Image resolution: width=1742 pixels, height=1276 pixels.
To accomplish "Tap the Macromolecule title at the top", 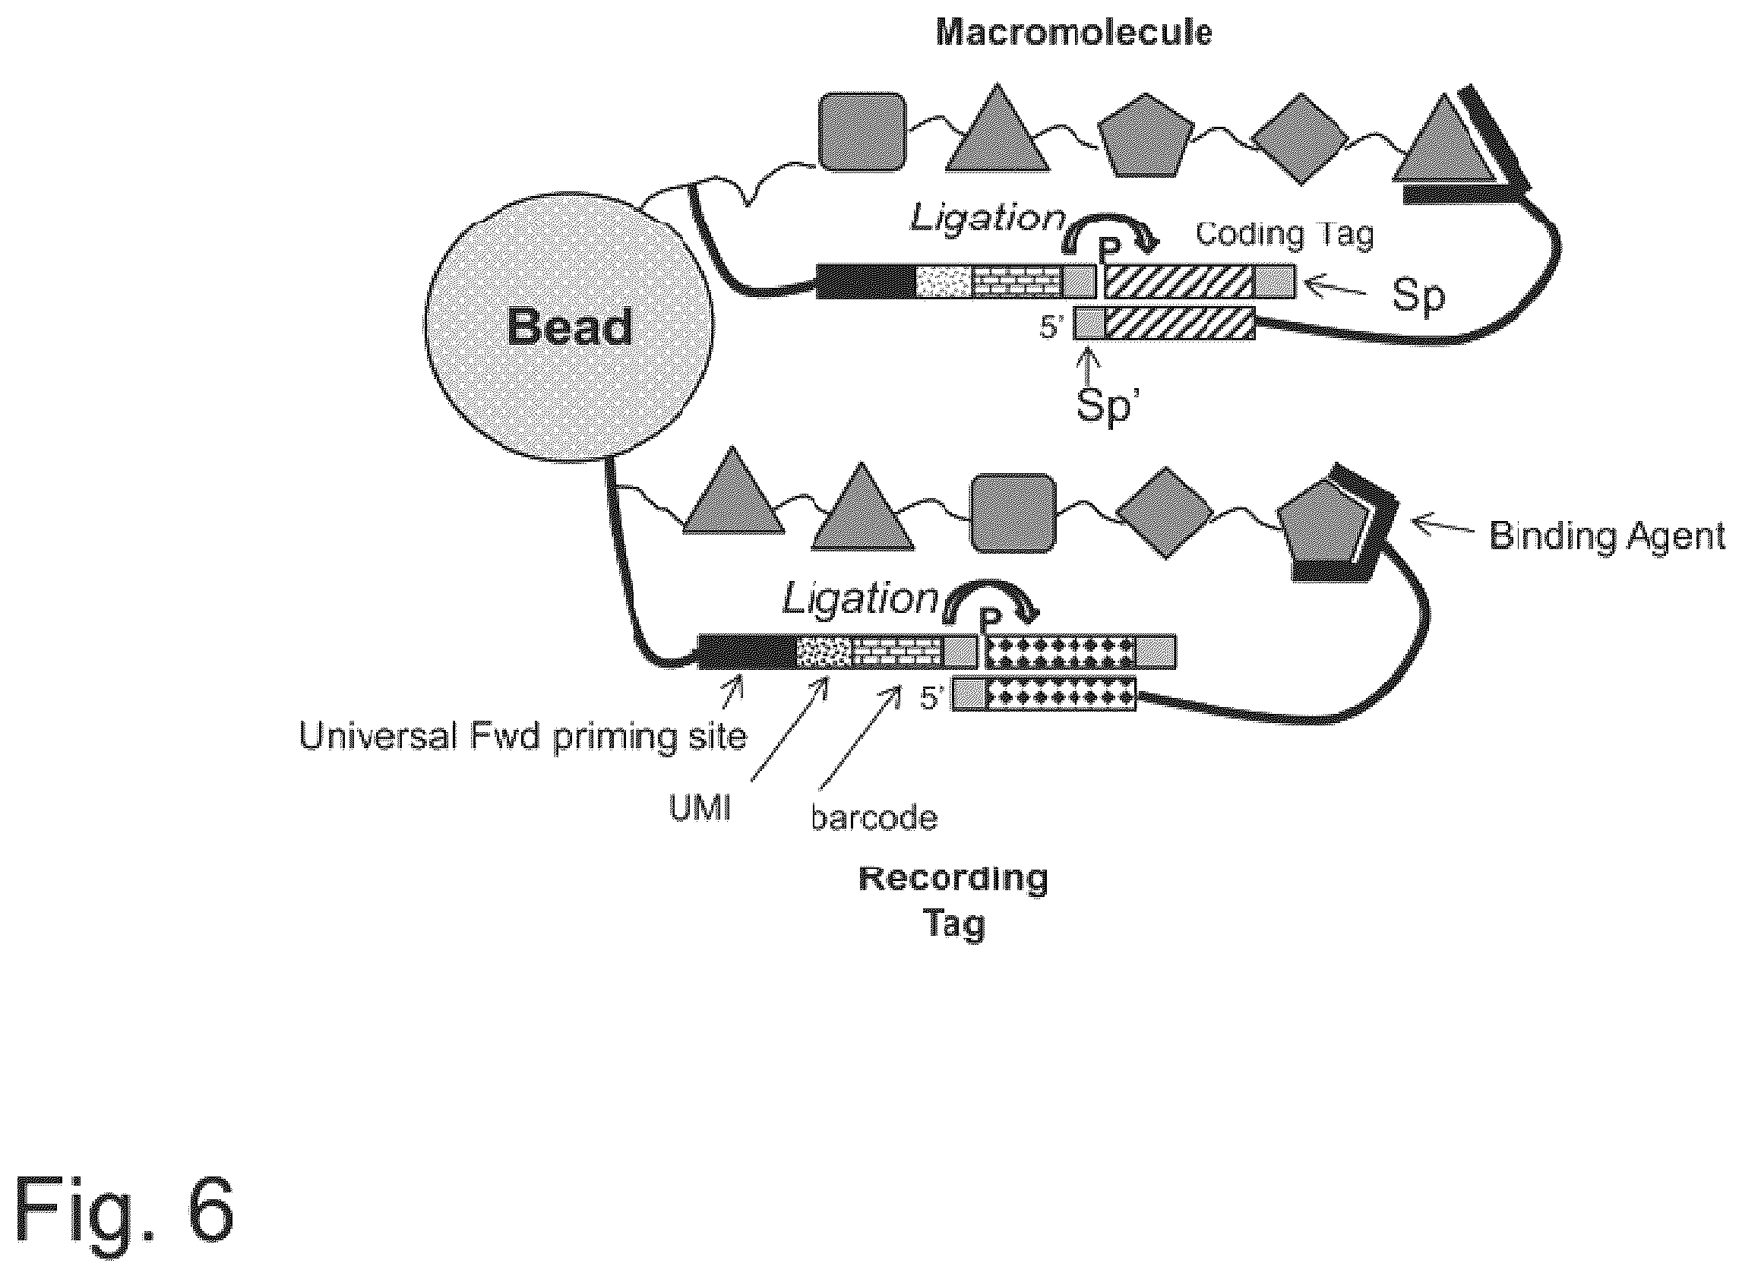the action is pyautogui.click(x=1073, y=33).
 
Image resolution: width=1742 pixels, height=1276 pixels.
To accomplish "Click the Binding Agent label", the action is pyautogui.click(x=1607, y=535).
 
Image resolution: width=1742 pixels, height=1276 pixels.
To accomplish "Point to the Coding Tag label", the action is pyautogui.click(x=1285, y=234).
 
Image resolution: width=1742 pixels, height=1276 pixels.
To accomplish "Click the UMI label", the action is pyautogui.click(x=700, y=810).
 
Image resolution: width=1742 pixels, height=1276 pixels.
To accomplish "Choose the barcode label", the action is pyautogui.click(x=874, y=817).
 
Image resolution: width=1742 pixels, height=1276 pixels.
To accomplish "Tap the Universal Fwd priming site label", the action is pyautogui.click(x=523, y=736).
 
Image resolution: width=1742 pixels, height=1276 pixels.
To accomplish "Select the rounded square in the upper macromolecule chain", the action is pyautogui.click(x=862, y=131).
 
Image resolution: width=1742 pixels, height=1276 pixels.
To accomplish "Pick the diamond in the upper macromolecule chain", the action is pyautogui.click(x=1298, y=139).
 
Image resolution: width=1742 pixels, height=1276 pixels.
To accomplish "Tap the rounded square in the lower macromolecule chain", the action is pyautogui.click(x=1013, y=513).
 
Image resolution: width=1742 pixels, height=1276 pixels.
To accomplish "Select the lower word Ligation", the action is pyautogui.click(x=861, y=599).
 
